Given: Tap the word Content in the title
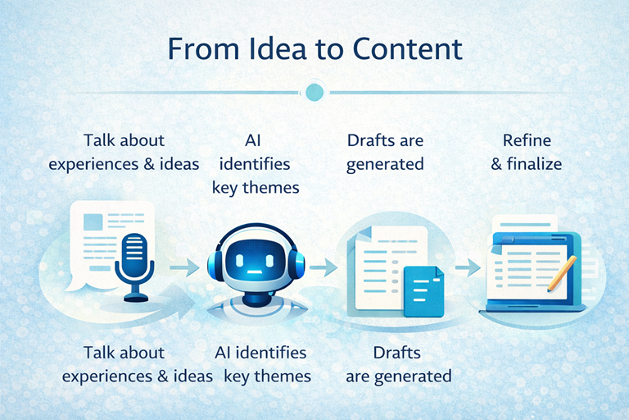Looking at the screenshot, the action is (408, 49).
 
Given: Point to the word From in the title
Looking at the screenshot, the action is (203, 49).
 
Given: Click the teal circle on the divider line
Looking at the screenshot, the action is (314, 92).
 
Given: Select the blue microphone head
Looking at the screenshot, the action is (134, 254).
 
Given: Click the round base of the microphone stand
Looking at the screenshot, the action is (136, 298).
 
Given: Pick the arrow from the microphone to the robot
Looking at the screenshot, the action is (184, 267).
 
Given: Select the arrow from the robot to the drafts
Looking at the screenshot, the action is (324, 267).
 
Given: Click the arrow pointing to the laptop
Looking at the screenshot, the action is (468, 267).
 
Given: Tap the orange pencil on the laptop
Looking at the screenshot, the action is (562, 274).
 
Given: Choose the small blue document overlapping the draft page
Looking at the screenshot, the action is (424, 291).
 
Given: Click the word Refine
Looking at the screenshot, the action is (527, 140).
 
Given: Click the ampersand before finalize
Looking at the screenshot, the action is (496, 164).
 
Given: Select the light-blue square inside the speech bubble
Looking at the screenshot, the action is (93, 221).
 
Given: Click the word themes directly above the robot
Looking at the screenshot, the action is (271, 188).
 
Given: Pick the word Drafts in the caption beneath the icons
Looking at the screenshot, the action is (396, 353).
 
